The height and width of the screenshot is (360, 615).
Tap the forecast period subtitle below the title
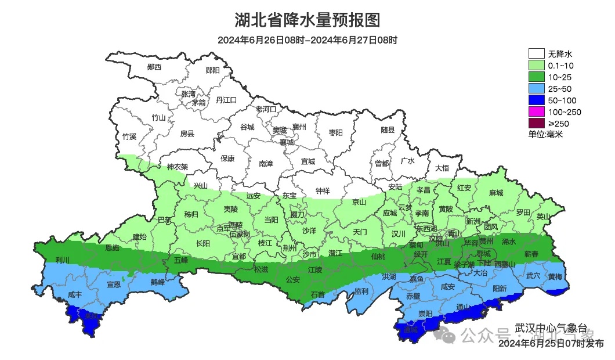[307, 40]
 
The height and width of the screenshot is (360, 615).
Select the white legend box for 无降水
[536, 54]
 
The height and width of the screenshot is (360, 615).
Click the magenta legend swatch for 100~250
[536, 111]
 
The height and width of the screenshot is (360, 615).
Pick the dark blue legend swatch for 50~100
[536, 100]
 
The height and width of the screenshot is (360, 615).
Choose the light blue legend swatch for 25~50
[536, 88]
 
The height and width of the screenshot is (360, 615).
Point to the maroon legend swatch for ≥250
[536, 123]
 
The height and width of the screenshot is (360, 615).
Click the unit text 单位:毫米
[545, 134]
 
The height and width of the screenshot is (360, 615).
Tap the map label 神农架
[178, 167]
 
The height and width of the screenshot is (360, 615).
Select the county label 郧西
[154, 67]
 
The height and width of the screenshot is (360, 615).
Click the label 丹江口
[226, 100]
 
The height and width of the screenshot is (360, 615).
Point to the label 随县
[388, 130]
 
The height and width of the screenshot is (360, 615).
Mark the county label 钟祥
[323, 190]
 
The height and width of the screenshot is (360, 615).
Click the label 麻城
[495, 193]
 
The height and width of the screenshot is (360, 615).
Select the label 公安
[292, 280]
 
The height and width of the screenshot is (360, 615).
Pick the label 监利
[361, 290]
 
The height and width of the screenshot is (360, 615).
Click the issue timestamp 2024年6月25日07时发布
[551, 344]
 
